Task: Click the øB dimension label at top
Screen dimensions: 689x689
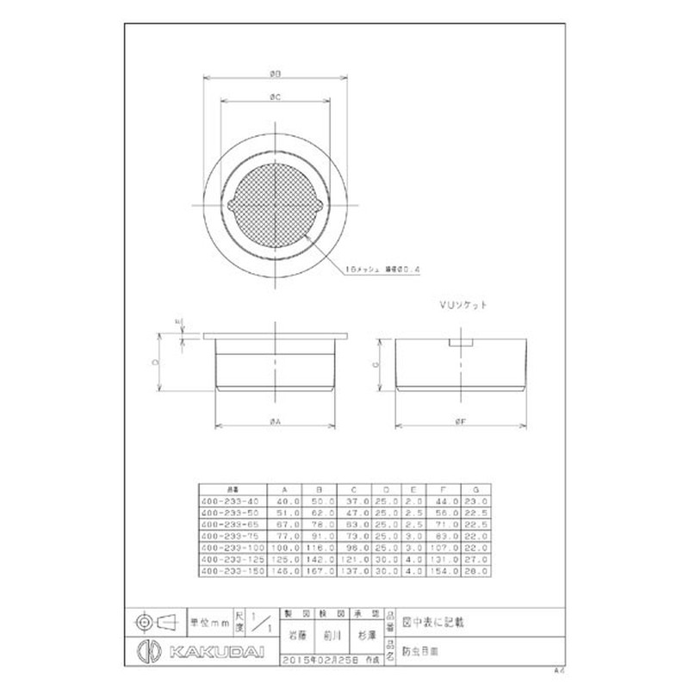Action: [x=275, y=72]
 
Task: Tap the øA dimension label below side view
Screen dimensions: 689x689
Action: [x=274, y=420]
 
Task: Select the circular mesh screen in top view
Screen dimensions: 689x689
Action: [x=275, y=203]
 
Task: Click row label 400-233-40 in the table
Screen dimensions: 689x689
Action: [x=229, y=500]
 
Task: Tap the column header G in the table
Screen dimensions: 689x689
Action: [x=476, y=487]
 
